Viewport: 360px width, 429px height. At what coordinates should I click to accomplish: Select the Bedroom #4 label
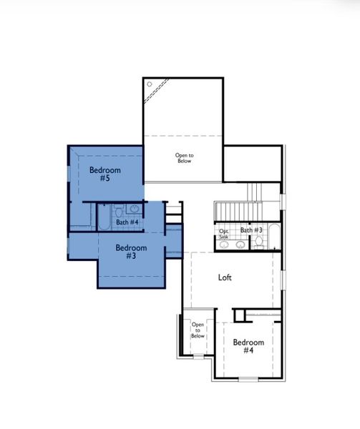click(x=248, y=346)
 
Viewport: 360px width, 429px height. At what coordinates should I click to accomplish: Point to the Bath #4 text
click(x=127, y=222)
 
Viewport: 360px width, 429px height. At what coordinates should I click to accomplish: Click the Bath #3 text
click(x=251, y=230)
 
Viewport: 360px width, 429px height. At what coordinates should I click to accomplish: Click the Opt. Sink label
click(x=224, y=233)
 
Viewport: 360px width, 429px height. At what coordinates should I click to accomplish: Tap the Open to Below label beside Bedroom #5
click(x=185, y=158)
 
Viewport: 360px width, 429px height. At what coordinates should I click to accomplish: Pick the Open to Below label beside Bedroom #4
click(x=198, y=330)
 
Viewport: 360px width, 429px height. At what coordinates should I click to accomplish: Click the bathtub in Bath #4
click(x=102, y=217)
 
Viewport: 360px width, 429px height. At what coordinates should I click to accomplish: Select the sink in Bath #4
click(x=134, y=209)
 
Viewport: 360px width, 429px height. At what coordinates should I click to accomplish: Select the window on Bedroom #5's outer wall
click(x=69, y=172)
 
